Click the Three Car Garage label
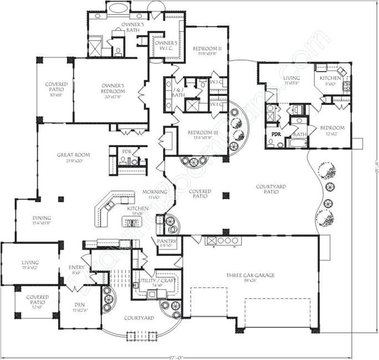[x=250, y=275]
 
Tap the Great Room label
[x=73, y=155]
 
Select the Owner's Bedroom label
[x=112, y=88]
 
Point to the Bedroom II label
[x=207, y=49]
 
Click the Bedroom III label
[x=202, y=133]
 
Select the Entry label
[x=76, y=268]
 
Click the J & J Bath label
[x=178, y=92]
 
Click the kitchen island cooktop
[x=132, y=223]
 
